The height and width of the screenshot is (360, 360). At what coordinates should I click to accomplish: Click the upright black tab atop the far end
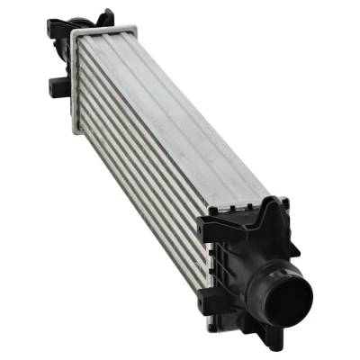coord(107,17)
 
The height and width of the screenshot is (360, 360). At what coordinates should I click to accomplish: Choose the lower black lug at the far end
coord(56,87)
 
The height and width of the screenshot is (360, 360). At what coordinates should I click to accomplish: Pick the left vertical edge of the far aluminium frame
coord(73,81)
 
